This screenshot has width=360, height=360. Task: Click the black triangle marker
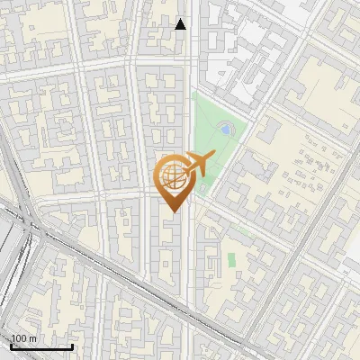(181, 24)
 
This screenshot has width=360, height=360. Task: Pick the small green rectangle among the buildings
(231, 259)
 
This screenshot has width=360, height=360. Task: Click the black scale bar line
(41, 347)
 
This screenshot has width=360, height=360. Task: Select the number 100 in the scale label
(19, 338)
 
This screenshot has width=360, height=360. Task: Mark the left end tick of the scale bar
(10, 346)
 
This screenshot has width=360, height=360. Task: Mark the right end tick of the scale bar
(73, 346)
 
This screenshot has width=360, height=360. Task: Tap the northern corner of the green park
(193, 93)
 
